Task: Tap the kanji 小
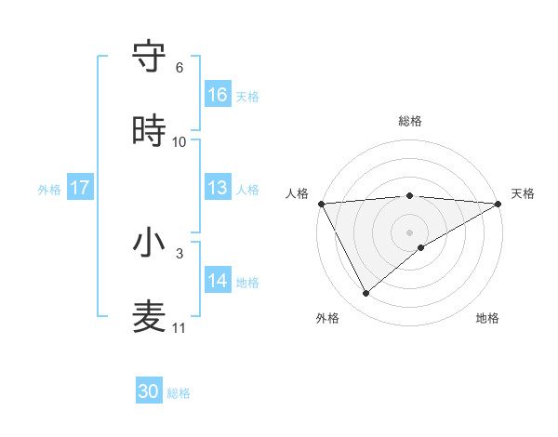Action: tap(149, 244)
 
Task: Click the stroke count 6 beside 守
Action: tap(179, 68)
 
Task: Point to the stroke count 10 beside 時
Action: tap(179, 142)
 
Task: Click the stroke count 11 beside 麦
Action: tap(179, 328)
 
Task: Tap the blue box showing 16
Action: tap(218, 95)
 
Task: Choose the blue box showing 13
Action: tap(218, 188)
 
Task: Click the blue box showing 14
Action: tap(218, 281)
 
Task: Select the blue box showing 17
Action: tap(80, 188)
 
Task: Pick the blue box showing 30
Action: tap(149, 391)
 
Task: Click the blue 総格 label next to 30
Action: tap(179, 393)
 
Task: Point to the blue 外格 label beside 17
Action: tap(49, 189)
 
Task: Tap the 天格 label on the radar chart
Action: tap(523, 193)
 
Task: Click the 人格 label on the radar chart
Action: tap(297, 193)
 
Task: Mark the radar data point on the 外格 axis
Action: tap(365, 294)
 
